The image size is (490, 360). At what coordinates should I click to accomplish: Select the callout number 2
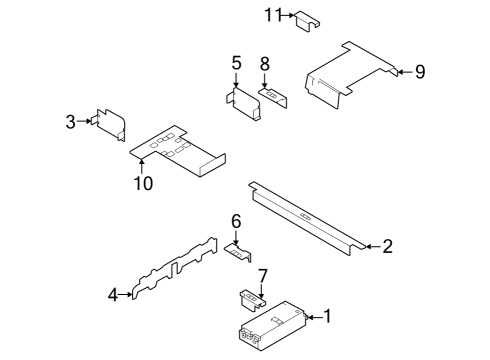tap(388, 246)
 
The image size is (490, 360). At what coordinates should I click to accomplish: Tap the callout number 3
tap(71, 122)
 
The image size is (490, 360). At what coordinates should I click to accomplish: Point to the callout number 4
tap(113, 294)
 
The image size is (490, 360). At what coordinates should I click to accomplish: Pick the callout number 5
tap(236, 63)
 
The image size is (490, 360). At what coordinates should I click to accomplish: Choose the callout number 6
tap(236, 221)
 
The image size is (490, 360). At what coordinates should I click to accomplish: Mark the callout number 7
tap(263, 275)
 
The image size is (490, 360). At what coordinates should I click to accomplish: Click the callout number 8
tap(265, 63)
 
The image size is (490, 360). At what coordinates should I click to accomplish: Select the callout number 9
tap(420, 71)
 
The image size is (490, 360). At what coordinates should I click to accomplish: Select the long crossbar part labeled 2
tap(305, 215)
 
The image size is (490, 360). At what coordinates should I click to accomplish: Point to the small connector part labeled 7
tap(251, 296)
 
